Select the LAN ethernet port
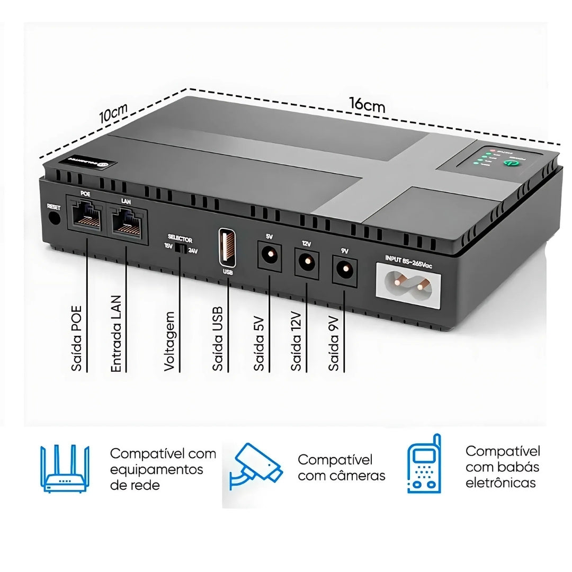point(127,218)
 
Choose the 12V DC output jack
point(307,260)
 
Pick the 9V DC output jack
point(344,268)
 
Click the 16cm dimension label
point(367,104)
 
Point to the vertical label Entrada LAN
point(116,333)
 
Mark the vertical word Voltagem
point(169,342)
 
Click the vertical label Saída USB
point(218,338)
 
